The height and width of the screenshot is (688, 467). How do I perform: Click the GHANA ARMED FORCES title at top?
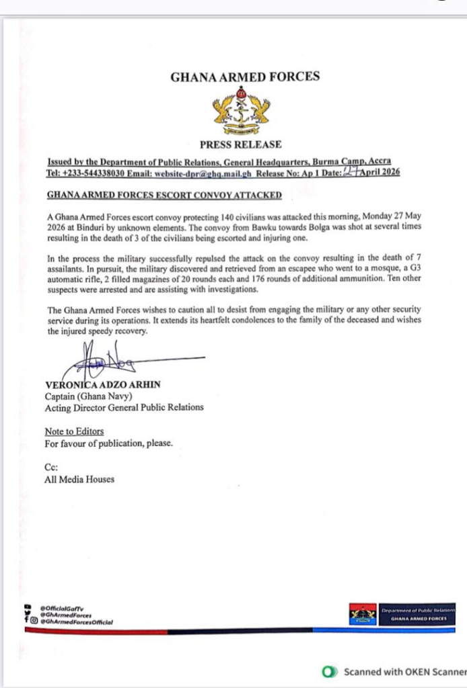click(x=245, y=77)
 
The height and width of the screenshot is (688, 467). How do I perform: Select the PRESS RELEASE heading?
click(x=240, y=144)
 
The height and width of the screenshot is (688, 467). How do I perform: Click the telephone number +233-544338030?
click(x=96, y=173)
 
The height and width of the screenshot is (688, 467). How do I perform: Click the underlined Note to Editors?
click(x=74, y=431)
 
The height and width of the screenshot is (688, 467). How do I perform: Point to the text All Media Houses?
click(x=79, y=479)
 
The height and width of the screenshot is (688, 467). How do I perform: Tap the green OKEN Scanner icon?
click(x=329, y=672)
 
